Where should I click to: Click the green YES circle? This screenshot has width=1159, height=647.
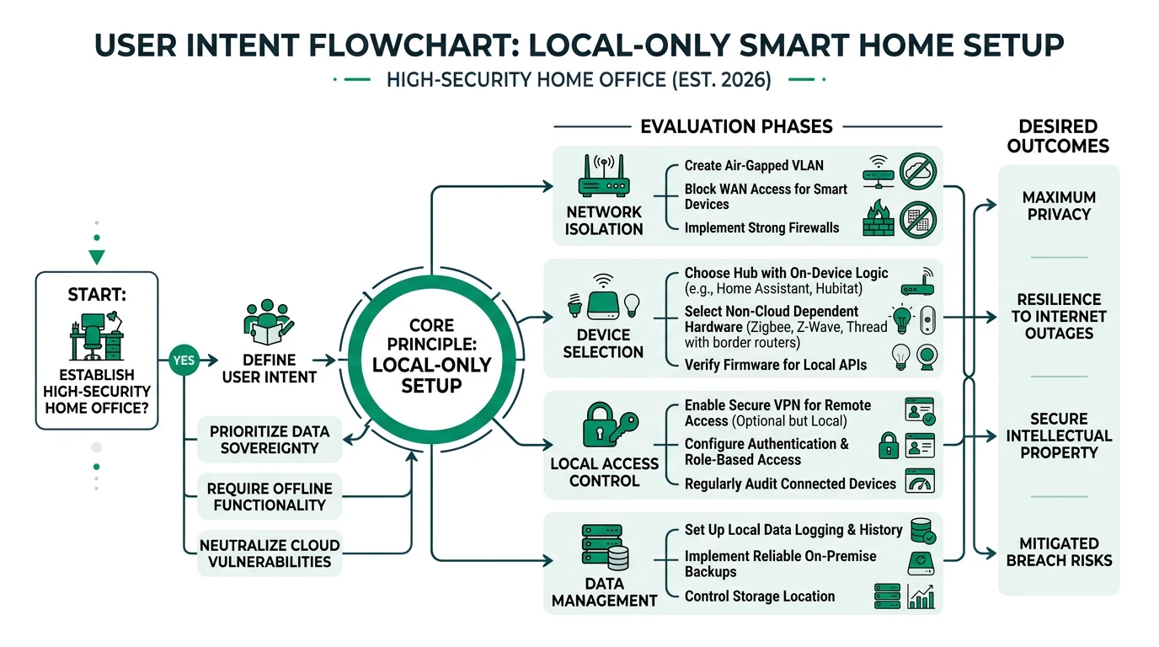tap(183, 361)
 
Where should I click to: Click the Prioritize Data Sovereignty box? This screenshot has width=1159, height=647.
tap(270, 439)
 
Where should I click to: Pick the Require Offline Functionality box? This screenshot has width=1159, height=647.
tap(270, 496)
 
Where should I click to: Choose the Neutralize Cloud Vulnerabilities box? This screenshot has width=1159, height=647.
tap(270, 553)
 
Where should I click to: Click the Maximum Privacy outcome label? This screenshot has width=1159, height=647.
tap(1059, 206)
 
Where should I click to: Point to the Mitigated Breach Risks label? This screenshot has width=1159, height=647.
tap(1059, 552)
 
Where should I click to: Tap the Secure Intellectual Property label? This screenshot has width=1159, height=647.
tap(1059, 436)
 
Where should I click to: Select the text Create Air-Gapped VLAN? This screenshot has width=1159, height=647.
tap(754, 166)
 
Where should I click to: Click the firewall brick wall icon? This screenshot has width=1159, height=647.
tap(879, 220)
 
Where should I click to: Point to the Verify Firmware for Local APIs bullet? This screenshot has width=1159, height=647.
tap(776, 365)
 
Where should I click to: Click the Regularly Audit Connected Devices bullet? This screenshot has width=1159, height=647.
tap(790, 484)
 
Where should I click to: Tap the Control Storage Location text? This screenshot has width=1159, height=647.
tap(759, 596)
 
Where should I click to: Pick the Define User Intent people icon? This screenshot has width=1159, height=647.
tap(269, 321)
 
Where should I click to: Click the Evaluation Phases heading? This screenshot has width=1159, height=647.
tap(736, 127)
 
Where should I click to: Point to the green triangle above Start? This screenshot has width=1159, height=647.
tap(97, 257)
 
